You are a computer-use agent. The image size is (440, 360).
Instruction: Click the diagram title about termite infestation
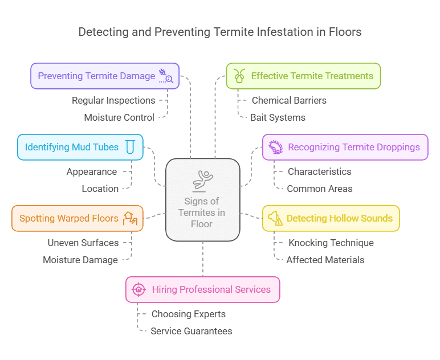(219, 32)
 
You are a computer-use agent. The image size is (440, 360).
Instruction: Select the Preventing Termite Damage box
(105, 76)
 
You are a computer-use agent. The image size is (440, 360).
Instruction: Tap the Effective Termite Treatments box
(303, 76)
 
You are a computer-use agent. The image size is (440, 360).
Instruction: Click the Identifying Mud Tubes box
(80, 147)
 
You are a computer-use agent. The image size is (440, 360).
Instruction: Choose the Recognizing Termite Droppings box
(345, 147)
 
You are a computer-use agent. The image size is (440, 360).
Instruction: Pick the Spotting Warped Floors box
(77, 218)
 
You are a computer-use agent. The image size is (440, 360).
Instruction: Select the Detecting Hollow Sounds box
(331, 218)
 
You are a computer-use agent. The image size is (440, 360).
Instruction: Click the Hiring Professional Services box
(202, 289)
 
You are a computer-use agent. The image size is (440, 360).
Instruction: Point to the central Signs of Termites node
(202, 199)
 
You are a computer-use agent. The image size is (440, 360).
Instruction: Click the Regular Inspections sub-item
(113, 100)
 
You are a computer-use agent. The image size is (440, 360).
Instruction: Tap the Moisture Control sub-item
(119, 117)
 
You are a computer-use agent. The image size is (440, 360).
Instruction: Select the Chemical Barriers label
(289, 100)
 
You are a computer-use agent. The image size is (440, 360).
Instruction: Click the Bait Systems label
(278, 117)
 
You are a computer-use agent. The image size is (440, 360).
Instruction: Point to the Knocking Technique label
(331, 243)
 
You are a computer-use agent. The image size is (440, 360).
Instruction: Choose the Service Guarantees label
(191, 331)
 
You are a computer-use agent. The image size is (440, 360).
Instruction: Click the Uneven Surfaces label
(83, 243)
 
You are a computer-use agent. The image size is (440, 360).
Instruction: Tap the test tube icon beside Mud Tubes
(131, 148)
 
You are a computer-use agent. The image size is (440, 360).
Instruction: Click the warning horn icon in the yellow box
(275, 218)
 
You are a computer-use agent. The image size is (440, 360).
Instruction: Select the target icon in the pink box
(138, 289)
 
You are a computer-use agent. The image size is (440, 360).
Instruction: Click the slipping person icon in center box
(202, 180)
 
